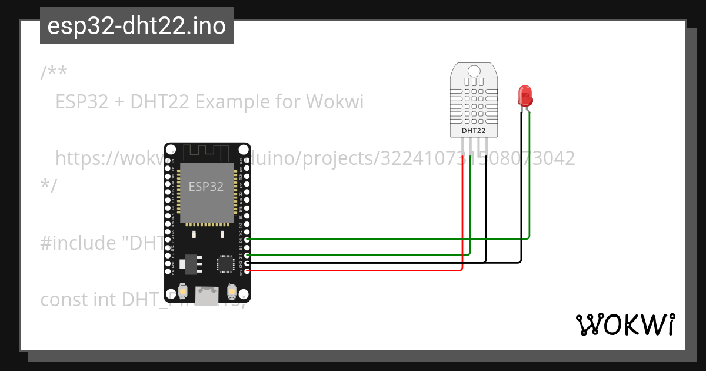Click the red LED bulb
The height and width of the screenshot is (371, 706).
click(524, 95)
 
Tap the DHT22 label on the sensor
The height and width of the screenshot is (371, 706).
click(474, 130)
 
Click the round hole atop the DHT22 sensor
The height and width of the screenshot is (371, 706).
click(474, 71)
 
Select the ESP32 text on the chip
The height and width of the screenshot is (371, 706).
click(206, 187)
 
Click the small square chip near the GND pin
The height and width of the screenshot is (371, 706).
click(225, 263)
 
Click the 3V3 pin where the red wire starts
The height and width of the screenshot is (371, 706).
click(247, 271)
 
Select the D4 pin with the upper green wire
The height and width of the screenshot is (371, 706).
click(247, 239)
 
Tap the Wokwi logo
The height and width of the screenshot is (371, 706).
click(625, 325)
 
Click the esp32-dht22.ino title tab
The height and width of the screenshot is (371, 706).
click(136, 26)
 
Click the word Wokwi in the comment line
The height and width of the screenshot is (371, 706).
click(335, 102)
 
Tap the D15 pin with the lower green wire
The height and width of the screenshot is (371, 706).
click(247, 255)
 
